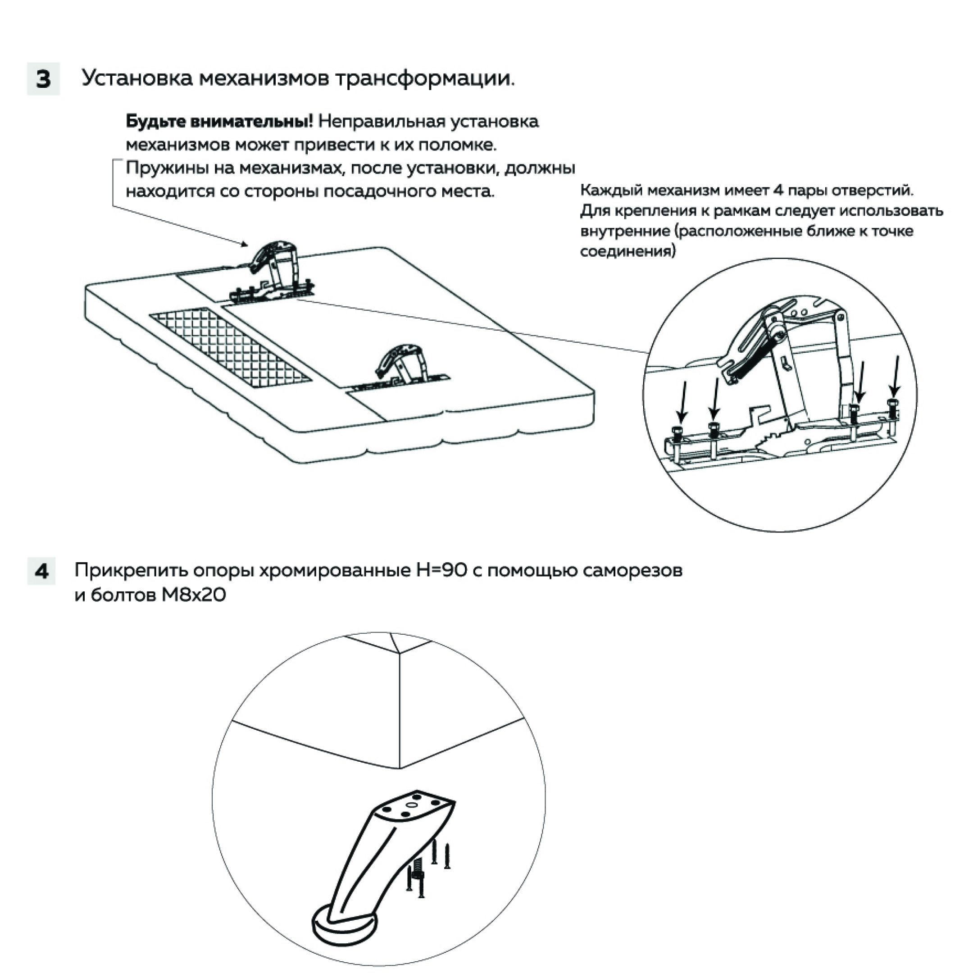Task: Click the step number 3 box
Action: click(x=43, y=79)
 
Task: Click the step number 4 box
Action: click(x=42, y=571)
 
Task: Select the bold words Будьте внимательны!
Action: click(x=219, y=121)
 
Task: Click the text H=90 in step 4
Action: click(x=441, y=570)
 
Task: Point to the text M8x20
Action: click(x=193, y=595)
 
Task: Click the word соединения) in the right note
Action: click(x=627, y=251)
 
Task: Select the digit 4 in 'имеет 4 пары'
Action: click(x=776, y=191)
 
